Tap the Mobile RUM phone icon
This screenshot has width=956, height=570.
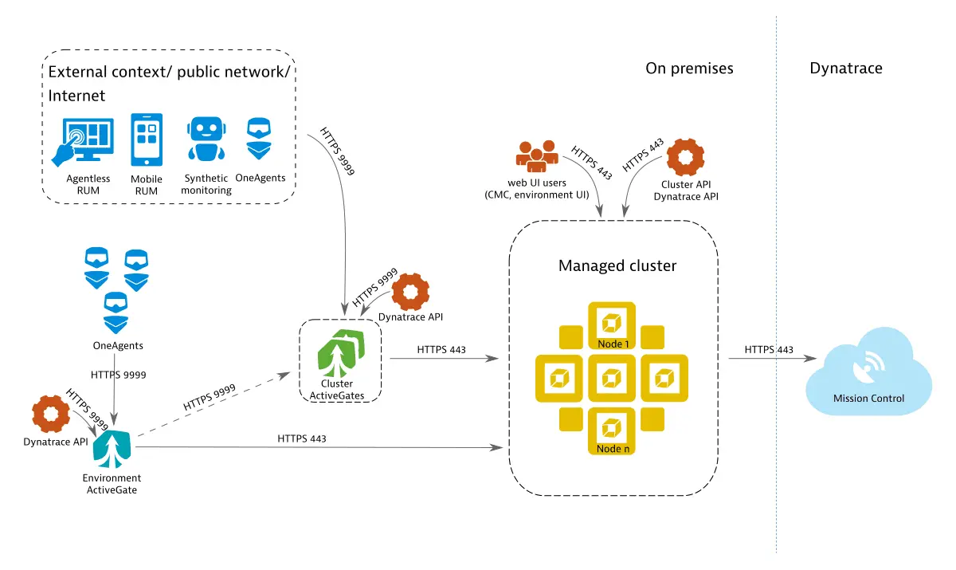click(147, 141)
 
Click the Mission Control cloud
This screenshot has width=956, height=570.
click(868, 378)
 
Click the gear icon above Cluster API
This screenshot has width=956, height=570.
click(684, 158)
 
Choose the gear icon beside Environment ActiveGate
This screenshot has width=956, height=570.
click(52, 415)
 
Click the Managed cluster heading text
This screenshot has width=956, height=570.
click(617, 265)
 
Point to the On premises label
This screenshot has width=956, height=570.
click(689, 69)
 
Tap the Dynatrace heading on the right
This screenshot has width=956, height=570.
click(845, 69)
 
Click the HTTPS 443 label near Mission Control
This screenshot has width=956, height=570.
click(769, 350)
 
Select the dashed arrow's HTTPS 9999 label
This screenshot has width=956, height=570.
click(210, 397)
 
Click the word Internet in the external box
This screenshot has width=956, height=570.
click(76, 96)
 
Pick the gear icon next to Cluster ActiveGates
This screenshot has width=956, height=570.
click(411, 293)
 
